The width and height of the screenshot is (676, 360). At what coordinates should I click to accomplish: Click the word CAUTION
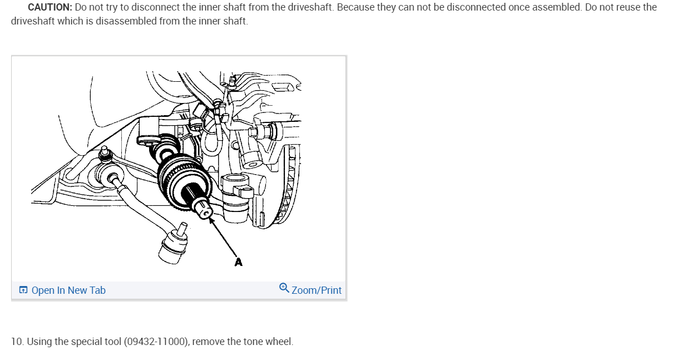tap(49, 8)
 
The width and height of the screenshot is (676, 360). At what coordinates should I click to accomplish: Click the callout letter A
tap(239, 262)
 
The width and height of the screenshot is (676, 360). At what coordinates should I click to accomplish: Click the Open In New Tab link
tap(68, 290)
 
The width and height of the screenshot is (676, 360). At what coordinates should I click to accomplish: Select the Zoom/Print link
tap(316, 290)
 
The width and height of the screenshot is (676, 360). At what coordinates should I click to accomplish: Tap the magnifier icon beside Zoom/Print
tap(284, 288)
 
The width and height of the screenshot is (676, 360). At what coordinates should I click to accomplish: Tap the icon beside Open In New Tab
tap(23, 290)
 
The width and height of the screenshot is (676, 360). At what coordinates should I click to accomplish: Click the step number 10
tap(17, 342)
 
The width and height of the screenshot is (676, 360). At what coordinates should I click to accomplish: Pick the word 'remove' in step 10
tap(207, 342)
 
